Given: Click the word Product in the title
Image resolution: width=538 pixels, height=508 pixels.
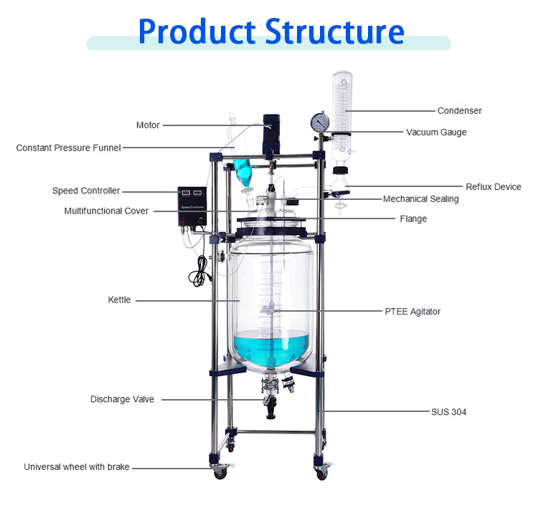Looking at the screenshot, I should coord(196,32).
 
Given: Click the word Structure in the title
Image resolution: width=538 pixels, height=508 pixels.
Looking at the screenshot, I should coord(334,32).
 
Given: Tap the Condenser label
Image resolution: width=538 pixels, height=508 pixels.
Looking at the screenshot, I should coord(459,111).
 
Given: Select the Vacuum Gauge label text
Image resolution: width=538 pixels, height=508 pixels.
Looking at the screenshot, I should coord(436,133).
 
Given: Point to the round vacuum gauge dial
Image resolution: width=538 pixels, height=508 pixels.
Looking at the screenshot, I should coord(319,123).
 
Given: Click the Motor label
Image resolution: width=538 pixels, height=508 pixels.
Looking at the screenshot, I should coord(148,125).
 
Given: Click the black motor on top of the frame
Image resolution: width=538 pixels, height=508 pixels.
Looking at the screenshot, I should coord(270,133).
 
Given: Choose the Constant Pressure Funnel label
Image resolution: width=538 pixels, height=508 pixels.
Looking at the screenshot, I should coord(68,148).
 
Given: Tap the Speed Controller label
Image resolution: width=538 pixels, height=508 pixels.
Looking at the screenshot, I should coord(86,191).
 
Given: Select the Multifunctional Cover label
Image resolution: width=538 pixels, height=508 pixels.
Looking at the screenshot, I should coord(106,211).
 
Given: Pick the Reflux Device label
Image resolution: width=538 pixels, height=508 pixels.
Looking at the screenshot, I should coord(494,187).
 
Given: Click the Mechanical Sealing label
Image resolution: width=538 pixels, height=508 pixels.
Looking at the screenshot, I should coord(420,199).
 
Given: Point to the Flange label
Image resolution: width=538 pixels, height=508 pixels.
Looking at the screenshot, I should coord(413,219).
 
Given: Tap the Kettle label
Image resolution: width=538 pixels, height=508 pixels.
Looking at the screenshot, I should coord(119,300).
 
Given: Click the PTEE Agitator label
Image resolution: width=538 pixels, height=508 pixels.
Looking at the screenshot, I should coord(412,312).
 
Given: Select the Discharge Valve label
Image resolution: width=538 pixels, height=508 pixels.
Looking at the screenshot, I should coord(122,399).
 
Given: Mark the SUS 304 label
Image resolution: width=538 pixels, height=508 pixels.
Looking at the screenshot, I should coord(448,412).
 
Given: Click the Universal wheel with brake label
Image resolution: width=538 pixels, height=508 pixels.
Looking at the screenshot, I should coord(77,467).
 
